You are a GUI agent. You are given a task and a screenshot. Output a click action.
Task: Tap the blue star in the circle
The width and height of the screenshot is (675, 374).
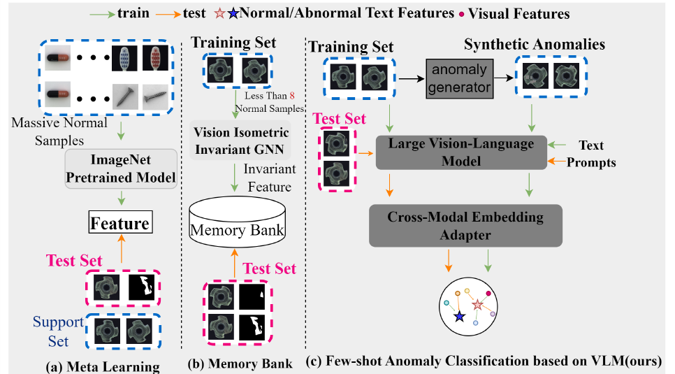pos(458,317)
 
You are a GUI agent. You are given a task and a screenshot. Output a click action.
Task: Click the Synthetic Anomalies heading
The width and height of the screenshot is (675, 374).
pos(535,45)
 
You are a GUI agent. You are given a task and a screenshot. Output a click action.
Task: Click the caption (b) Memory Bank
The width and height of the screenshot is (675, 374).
pos(240,364)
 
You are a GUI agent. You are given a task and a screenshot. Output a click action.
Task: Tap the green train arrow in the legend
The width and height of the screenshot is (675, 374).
pos(104,13)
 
